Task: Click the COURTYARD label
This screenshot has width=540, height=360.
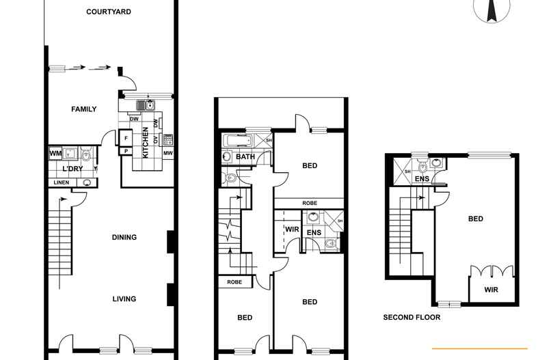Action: pos(109,12)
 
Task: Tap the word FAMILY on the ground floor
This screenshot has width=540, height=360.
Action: pos(84,109)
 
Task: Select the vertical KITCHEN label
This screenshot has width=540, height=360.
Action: pos(145,143)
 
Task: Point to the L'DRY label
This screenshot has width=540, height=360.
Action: pos(73,169)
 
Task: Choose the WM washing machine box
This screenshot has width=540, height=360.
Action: pos(55,154)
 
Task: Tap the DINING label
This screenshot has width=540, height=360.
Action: pos(124,238)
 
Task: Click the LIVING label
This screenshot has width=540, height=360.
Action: pos(124,299)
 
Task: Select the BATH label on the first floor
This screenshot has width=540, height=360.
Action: pos(245,157)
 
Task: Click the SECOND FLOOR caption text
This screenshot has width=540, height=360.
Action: pos(411,318)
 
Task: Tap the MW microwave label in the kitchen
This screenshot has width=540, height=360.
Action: pos(167,153)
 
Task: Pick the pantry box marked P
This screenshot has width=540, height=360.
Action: pos(126,152)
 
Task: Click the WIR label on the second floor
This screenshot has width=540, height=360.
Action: pos(491,290)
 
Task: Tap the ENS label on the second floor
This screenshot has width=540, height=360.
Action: pos(422,180)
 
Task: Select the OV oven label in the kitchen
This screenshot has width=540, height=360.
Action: pos(156,140)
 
